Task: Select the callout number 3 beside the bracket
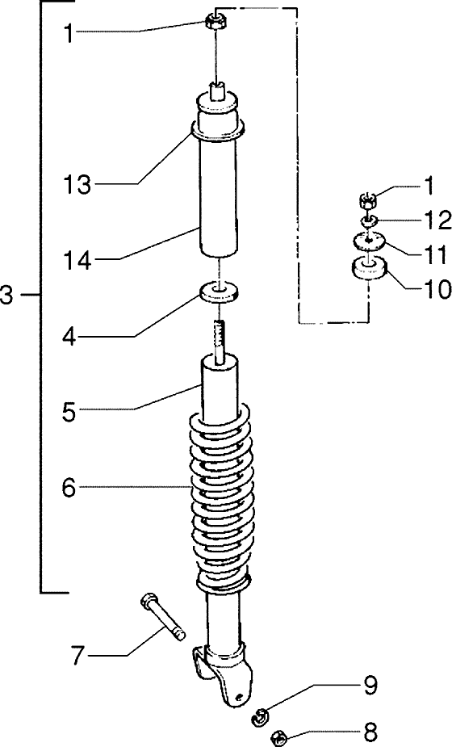click(8, 296)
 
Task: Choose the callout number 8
click(370, 734)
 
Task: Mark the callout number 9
click(370, 687)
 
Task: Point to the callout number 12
click(429, 219)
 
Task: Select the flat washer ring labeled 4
click(219, 290)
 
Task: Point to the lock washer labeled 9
click(262, 714)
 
